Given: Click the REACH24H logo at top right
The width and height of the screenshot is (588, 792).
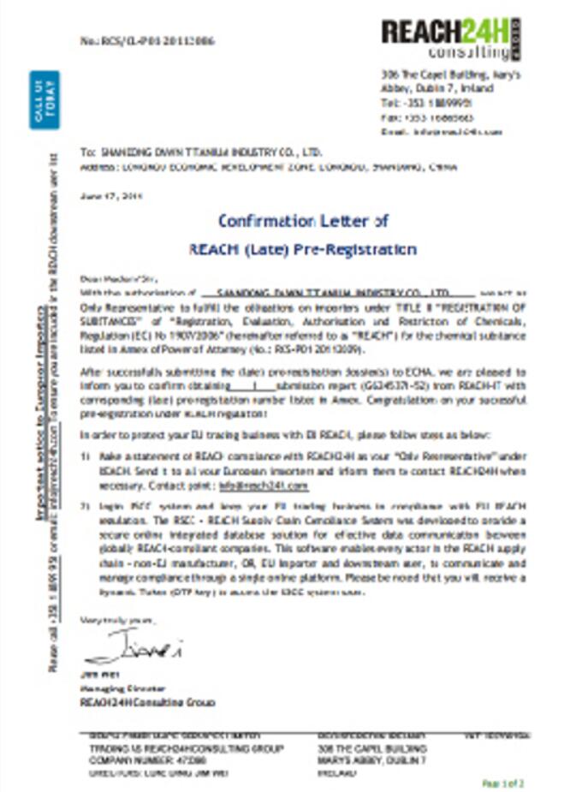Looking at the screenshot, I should [450, 39].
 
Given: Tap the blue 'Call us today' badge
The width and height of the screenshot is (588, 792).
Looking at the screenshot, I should [45, 100].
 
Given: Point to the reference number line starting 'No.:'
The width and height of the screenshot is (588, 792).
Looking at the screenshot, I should [147, 40].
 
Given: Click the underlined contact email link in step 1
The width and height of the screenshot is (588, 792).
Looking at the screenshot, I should [263, 486].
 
